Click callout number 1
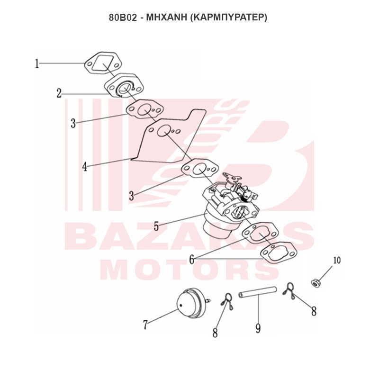[x=37, y=64]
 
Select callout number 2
[x=59, y=93]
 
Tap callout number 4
[x=85, y=167]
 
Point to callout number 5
[x=156, y=226]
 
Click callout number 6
[x=192, y=260]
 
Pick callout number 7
[x=145, y=325]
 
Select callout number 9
[x=258, y=328]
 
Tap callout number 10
[x=337, y=260]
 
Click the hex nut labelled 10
[x=315, y=282]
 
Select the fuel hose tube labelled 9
[x=257, y=292]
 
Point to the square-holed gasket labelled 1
[x=90, y=68]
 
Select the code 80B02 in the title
[x=123, y=18]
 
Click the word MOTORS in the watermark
[x=190, y=269]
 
